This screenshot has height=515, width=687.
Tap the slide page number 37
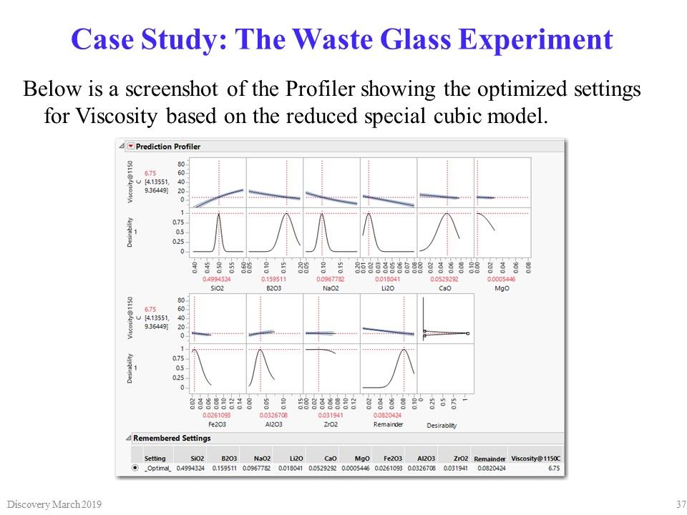click(x=681, y=505)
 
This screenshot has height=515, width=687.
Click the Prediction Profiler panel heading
click(x=167, y=147)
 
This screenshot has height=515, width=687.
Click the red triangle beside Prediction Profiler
click(x=130, y=147)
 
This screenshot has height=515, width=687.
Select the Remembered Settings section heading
click(x=171, y=438)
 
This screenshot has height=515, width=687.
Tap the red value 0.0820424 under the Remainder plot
click(x=389, y=415)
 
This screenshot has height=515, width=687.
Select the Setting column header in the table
click(x=155, y=458)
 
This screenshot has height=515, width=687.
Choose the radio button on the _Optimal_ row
click(x=135, y=469)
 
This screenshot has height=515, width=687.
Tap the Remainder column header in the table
click(x=489, y=458)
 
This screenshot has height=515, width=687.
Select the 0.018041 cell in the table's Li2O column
click(x=296, y=469)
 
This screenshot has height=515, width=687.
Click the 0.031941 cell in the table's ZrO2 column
click(x=455, y=469)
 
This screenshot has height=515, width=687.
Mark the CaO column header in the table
click(x=330, y=458)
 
